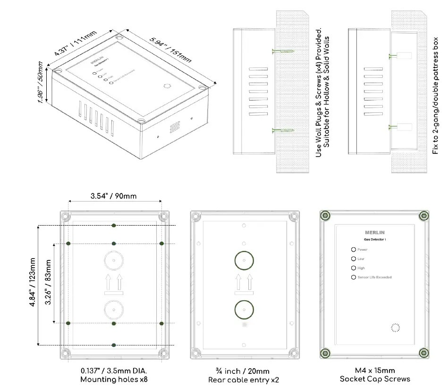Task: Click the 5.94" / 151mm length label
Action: tap(170, 50)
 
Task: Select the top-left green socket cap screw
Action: tap(324, 216)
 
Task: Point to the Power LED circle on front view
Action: tap(353, 250)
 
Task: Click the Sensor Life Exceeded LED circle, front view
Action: tap(353, 278)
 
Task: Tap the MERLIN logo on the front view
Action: tap(375, 232)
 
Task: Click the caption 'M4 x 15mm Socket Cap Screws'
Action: tap(375, 375)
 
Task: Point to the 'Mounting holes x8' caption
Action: tap(114, 380)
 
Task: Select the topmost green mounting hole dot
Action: tap(114, 226)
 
